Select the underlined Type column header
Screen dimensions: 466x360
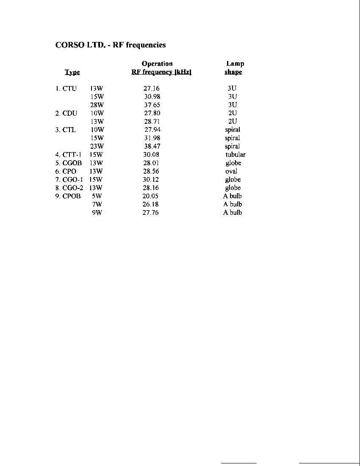coord(72,72)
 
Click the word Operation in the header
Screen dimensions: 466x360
coord(157,64)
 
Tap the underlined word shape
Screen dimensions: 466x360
coord(233,72)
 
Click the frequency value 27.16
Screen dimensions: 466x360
coord(152,89)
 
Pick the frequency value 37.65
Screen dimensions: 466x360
coord(152,105)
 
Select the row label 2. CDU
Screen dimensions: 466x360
coord(66,113)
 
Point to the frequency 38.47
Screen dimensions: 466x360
coord(152,146)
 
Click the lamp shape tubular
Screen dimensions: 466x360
coord(235,155)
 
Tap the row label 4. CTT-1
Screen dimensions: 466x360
coord(68,155)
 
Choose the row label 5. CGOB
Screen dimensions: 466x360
coord(68,163)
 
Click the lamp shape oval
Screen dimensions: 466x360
coord(231,171)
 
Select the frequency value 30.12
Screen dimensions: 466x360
coord(151,180)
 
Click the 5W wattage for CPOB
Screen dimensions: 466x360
coord(97,196)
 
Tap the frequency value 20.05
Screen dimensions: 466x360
coord(150,196)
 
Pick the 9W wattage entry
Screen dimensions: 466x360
coord(97,213)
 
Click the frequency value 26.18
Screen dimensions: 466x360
coord(150,204)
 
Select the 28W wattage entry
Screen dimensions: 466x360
coord(97,105)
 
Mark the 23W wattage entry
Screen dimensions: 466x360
coord(97,147)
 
